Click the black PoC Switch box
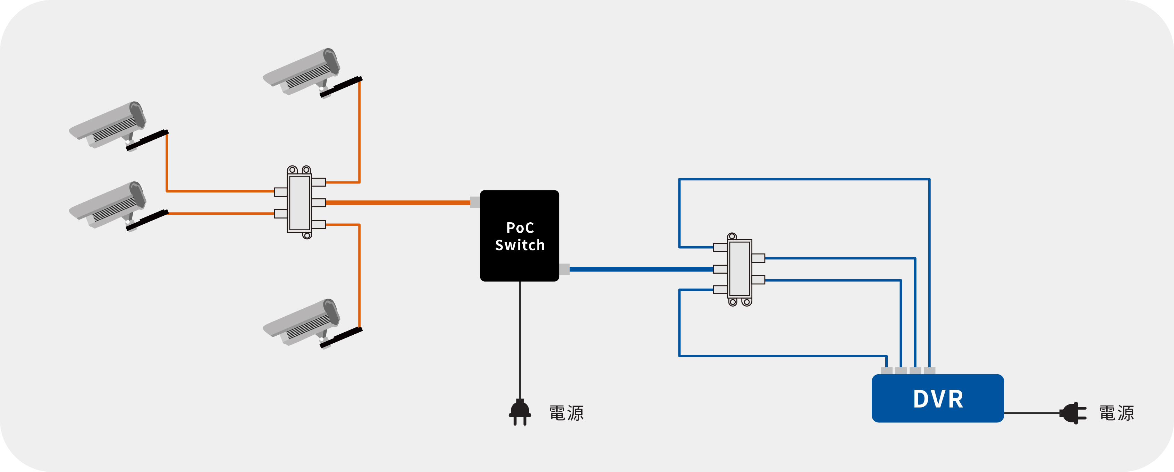pyautogui.click(x=520, y=235)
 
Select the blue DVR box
pyautogui.click(x=937, y=398)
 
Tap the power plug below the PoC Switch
pyautogui.click(x=520, y=412)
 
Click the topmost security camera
pyautogui.click(x=313, y=73)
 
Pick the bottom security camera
pyautogui.click(x=313, y=324)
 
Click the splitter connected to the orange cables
pyautogui.click(x=300, y=202)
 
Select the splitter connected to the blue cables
pyautogui.click(x=739, y=269)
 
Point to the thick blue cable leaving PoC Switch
pyautogui.click(x=642, y=269)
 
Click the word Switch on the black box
pyautogui.click(x=520, y=245)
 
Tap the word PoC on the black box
pyautogui.click(x=520, y=228)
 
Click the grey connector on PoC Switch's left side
pyautogui.click(x=475, y=202)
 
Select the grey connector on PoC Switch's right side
pyautogui.click(x=564, y=269)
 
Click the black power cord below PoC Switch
pyautogui.click(x=520, y=340)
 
